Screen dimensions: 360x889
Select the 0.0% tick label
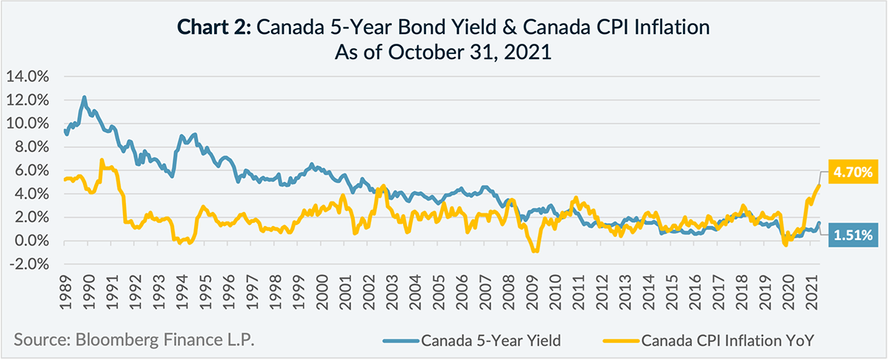[x=32, y=241]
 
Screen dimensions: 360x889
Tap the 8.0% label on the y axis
[x=32, y=147]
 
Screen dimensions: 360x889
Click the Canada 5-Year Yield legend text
[x=490, y=341]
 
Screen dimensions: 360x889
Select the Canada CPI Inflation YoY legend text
[x=728, y=341]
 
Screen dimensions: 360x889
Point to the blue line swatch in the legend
[x=401, y=341]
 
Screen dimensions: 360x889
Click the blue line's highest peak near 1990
[x=84, y=97]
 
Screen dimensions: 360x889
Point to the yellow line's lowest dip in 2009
[x=534, y=251]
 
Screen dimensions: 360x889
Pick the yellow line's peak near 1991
[x=101, y=160]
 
